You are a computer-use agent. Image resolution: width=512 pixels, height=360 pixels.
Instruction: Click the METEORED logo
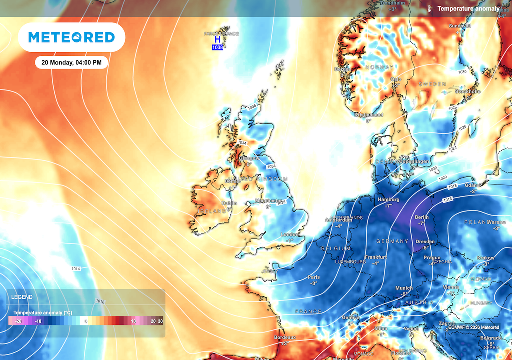click(71, 37)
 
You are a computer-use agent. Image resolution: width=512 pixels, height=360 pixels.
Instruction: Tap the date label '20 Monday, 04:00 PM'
click(71, 63)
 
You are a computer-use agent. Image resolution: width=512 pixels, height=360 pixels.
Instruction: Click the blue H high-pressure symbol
click(217, 40)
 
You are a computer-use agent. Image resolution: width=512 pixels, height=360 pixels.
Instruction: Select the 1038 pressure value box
click(217, 47)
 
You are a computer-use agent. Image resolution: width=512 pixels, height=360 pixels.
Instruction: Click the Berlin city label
click(422, 217)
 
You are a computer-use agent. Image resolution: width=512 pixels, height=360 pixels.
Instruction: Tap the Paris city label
click(314, 277)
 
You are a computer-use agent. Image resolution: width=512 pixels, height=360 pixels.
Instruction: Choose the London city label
click(290, 234)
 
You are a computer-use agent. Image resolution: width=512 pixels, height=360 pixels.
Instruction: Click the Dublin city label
click(230, 203)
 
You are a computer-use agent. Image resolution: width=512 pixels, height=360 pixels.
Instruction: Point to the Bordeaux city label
click(285, 337)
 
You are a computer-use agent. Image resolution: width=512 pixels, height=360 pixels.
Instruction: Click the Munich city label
click(404, 288)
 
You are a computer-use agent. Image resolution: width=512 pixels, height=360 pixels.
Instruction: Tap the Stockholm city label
click(468, 92)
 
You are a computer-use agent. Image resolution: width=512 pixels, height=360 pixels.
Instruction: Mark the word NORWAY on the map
click(380, 67)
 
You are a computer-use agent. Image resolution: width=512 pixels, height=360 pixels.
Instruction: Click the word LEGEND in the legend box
click(22, 297)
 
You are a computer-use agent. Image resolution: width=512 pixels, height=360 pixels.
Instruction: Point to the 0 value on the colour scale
click(86, 322)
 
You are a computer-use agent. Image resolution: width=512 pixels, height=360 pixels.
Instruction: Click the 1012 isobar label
click(100, 302)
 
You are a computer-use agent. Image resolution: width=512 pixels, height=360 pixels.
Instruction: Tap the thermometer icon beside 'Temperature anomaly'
click(430, 9)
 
